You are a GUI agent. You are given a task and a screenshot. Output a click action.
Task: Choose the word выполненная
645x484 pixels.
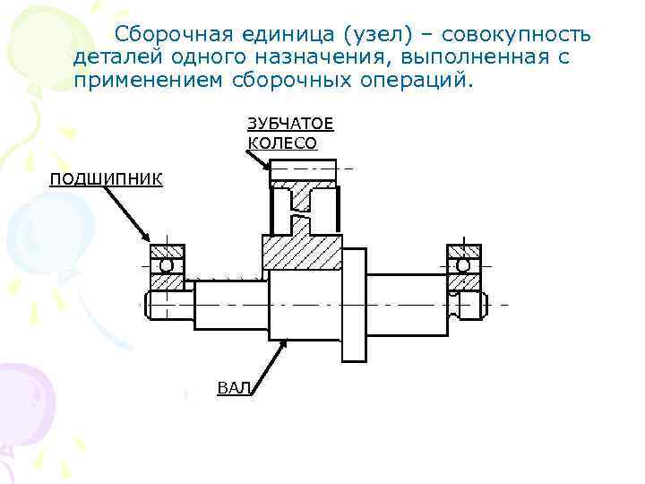[x=477, y=57]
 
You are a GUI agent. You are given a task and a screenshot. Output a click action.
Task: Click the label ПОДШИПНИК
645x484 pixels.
[x=106, y=178]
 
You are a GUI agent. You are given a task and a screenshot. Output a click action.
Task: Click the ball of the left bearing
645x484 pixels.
[x=167, y=266]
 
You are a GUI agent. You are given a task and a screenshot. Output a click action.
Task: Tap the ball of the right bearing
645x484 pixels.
[x=462, y=266]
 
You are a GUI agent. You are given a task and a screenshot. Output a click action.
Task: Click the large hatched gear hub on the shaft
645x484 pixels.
[x=301, y=254]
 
